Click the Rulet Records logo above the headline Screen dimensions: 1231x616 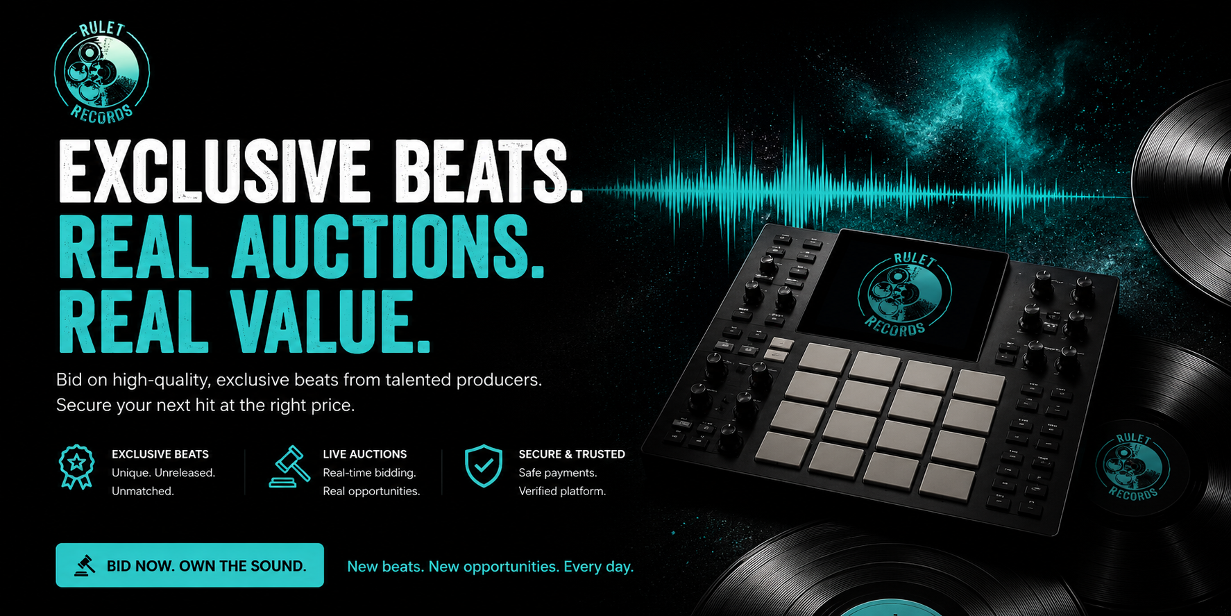click(102, 73)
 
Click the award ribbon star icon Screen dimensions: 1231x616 click(77, 467)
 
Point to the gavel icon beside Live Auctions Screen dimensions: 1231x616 click(290, 467)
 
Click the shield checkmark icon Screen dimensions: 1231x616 click(484, 466)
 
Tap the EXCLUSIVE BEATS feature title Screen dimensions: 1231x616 click(160, 454)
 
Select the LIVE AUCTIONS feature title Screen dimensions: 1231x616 click(365, 454)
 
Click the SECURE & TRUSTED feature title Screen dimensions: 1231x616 click(572, 454)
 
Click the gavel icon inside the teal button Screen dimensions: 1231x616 click(85, 565)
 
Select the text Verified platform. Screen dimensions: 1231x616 click(562, 491)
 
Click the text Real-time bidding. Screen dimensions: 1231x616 click(369, 473)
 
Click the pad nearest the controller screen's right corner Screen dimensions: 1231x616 click(979, 386)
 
